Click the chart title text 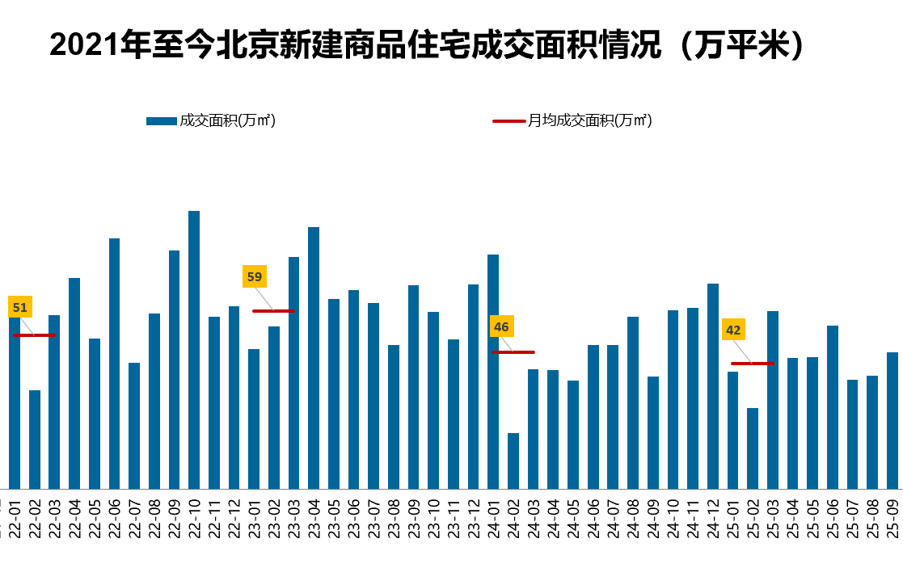[x=428, y=46]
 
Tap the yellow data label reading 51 [x=20, y=308]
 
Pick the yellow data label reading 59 [x=255, y=277]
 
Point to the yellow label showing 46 [x=501, y=327]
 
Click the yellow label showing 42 [x=733, y=330]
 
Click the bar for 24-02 [x=513, y=461]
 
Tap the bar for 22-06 [x=115, y=363]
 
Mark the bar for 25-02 [x=753, y=448]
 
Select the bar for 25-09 [x=892, y=420]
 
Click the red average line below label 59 [x=274, y=311]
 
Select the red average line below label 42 [x=753, y=364]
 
